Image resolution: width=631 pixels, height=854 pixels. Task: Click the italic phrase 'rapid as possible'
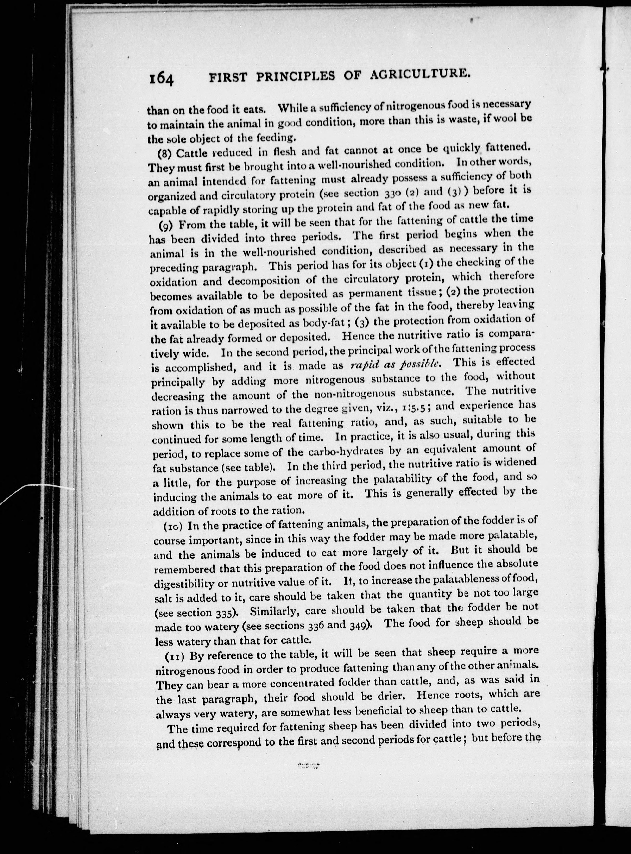(396, 364)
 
